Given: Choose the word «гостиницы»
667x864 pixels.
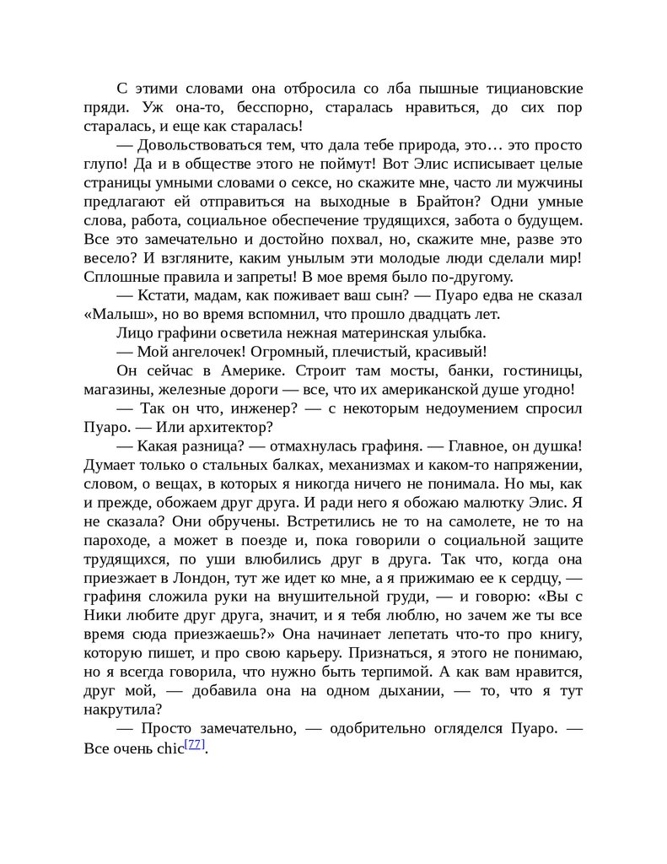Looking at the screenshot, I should pyautogui.click(x=542, y=371).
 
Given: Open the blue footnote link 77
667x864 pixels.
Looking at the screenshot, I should pyautogui.click(x=194, y=744).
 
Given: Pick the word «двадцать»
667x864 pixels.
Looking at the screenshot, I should pyautogui.click(x=424, y=315).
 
